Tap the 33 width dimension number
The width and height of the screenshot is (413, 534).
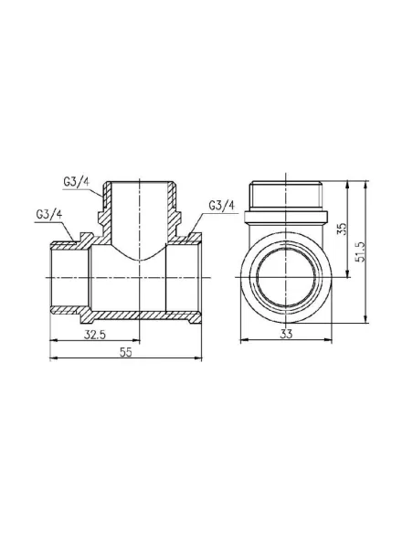(x=286, y=336)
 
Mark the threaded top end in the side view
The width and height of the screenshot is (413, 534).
(x=286, y=195)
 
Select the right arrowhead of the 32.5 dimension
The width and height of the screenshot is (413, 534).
(x=139, y=343)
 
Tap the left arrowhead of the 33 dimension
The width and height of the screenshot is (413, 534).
(x=240, y=343)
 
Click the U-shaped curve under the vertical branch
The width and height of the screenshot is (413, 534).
(x=140, y=257)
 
